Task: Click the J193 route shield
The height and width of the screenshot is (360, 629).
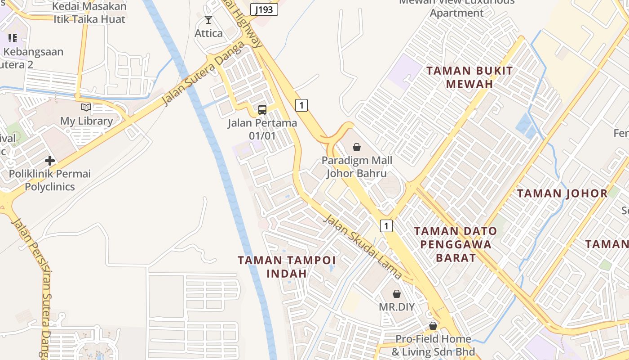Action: tap(264, 9)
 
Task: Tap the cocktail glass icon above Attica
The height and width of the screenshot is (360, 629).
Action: tap(208, 20)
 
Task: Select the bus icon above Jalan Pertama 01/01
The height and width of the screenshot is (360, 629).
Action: tap(262, 109)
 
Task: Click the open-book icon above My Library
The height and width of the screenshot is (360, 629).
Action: tap(86, 107)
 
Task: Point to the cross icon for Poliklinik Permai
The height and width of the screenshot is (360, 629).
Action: tap(50, 161)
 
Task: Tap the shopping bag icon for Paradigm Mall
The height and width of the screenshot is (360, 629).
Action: tap(356, 147)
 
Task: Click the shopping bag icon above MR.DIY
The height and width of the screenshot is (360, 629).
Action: tap(397, 294)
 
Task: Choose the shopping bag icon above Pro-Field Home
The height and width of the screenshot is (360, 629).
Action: tap(433, 325)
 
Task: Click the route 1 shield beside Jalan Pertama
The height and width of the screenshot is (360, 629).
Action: tap(301, 105)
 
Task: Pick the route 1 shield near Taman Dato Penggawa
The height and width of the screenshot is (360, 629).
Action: tap(386, 225)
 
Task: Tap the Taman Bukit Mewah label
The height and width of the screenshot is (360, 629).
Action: tap(470, 77)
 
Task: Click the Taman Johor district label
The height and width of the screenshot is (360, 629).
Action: tap(562, 193)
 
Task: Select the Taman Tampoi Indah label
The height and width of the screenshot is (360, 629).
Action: tap(287, 266)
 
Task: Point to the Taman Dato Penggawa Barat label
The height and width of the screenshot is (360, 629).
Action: tap(456, 244)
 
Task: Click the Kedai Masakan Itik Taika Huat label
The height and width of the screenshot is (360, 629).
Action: tap(89, 13)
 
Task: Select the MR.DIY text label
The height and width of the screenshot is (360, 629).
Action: tap(397, 307)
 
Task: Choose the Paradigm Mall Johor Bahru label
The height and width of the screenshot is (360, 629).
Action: tap(357, 167)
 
